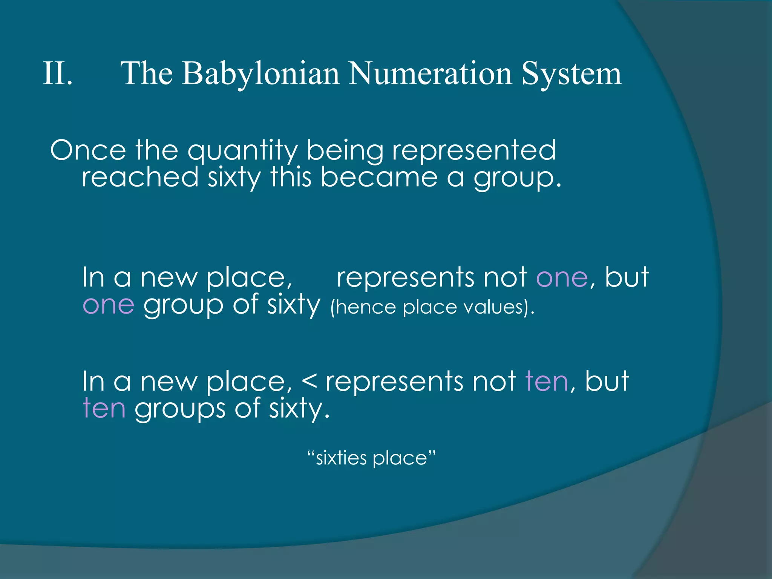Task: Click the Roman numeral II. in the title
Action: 58,73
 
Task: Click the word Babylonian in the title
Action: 260,74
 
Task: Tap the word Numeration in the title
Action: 430,73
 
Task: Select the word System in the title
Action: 571,74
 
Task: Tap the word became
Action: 379,177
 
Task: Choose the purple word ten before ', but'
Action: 547,381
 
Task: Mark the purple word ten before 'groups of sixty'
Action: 104,408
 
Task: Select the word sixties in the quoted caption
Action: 341,458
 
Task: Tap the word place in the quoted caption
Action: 400,459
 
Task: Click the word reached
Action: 140,177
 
